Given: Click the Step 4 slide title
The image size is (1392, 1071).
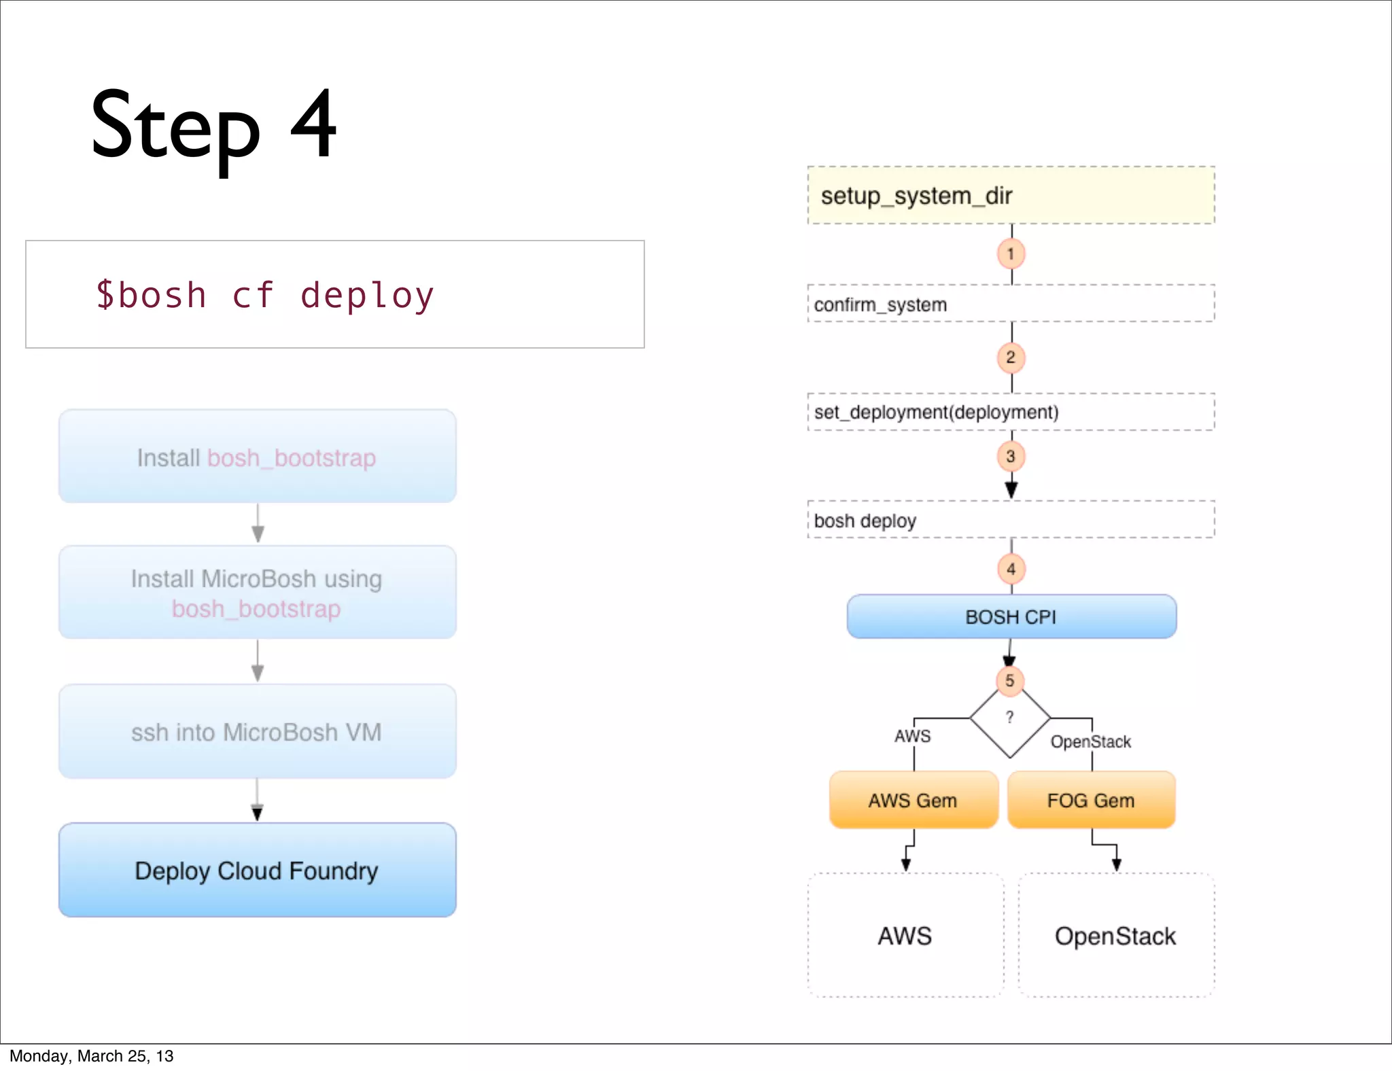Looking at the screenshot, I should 213,127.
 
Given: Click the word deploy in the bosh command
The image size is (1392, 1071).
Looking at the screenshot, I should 367,296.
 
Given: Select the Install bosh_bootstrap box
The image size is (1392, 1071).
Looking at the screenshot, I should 257,457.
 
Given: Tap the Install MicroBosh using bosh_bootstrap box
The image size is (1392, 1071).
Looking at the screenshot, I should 257,593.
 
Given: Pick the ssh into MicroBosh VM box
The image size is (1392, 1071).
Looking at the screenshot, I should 257,732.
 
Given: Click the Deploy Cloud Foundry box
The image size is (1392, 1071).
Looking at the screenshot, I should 257,871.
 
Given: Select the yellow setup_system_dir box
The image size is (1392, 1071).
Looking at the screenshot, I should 1010,196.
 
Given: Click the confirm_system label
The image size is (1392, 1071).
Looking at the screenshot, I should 880,304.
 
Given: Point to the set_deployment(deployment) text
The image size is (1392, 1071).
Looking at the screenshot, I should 936,412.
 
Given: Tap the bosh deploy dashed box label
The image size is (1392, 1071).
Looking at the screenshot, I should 865,521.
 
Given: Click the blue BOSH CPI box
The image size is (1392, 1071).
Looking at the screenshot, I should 1011,617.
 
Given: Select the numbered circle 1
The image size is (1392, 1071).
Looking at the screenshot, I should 1011,254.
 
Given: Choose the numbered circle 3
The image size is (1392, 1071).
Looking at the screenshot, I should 1011,457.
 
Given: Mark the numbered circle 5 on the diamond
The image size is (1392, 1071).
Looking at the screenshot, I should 1010,680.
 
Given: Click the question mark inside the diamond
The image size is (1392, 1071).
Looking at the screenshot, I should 1010,717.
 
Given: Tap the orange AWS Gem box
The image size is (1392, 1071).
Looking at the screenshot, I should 913,801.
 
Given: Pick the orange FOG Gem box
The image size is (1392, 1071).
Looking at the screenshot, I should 1091,801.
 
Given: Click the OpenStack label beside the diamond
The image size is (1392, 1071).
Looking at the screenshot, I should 1090,742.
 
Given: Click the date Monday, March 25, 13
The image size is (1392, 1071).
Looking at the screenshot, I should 92,1056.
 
